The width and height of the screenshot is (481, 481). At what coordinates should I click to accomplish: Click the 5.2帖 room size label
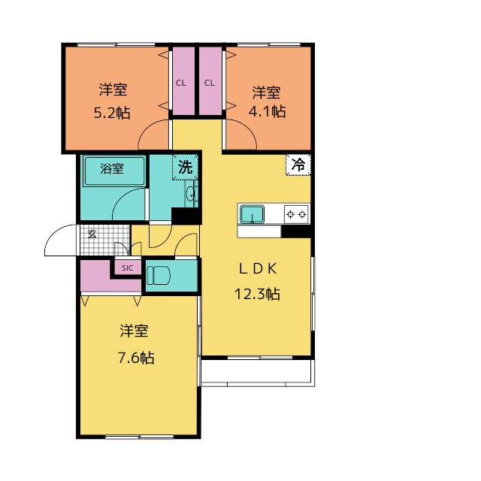[x=112, y=113]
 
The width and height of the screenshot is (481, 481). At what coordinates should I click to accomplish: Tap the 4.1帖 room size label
[x=268, y=111]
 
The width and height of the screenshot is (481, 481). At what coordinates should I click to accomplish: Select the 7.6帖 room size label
[x=136, y=358]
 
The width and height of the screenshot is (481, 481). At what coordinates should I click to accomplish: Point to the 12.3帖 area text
[x=257, y=294]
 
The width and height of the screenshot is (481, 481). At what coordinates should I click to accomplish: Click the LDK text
[x=258, y=269]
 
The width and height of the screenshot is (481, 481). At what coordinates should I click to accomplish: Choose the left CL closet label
[x=180, y=83]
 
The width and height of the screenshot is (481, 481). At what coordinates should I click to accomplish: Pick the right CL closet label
[x=210, y=83]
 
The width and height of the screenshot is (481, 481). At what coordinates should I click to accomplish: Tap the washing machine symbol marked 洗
[x=186, y=167]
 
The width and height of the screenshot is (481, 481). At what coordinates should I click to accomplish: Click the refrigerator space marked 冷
[x=298, y=165]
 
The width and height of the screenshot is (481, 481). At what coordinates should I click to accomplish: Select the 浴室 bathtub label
[x=112, y=168]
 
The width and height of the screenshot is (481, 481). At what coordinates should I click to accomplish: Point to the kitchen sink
[x=252, y=214]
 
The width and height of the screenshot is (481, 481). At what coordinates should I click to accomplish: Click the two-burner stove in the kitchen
[x=296, y=214]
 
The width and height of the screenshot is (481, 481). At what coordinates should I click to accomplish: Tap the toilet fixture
[x=159, y=275]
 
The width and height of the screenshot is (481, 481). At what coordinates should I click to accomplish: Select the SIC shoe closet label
[x=127, y=268]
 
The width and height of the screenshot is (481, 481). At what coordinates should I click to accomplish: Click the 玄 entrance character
[x=92, y=234]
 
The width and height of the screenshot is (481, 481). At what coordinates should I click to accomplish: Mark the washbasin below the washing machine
[x=190, y=194]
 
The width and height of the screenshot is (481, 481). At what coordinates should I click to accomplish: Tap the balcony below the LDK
[x=258, y=371]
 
